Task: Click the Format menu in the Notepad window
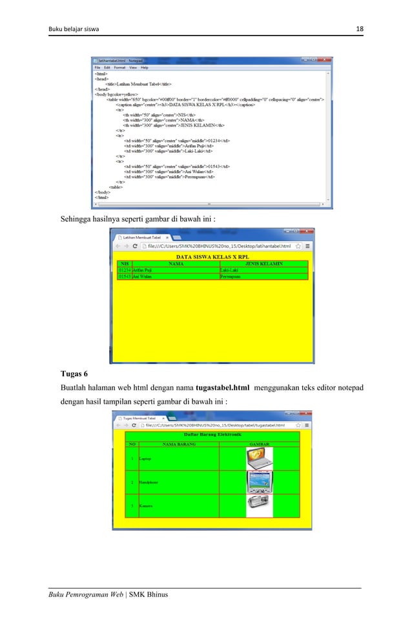(120, 67)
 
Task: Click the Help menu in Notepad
(145, 67)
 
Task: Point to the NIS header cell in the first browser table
(125, 264)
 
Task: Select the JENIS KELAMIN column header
(264, 264)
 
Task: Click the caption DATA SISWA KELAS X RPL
(214, 257)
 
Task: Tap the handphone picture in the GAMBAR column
(260, 482)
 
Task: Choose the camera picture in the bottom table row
(260, 506)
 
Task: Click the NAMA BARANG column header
(178, 444)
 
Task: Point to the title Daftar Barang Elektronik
(214, 436)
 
